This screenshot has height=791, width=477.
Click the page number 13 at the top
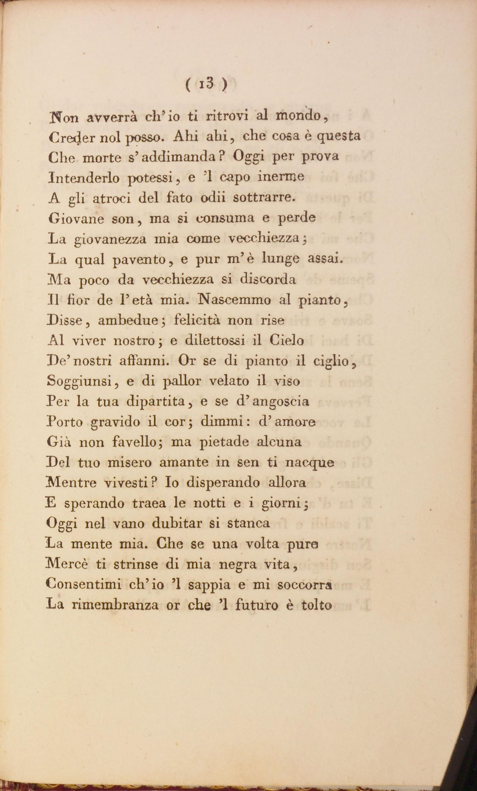(x=206, y=85)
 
